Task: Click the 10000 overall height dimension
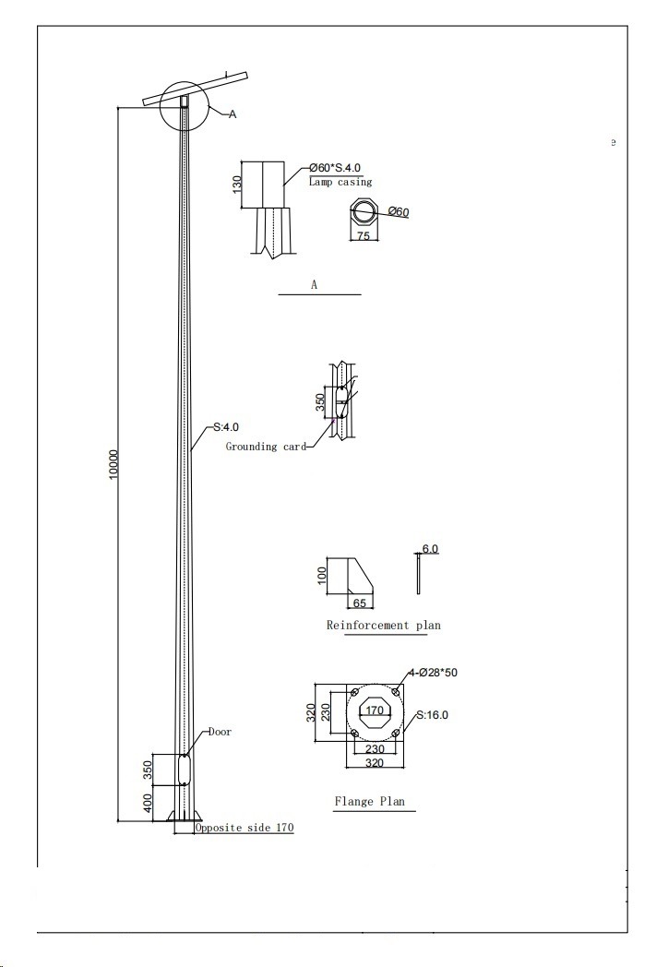(113, 465)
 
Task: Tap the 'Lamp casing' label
(340, 182)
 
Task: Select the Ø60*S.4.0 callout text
(335, 168)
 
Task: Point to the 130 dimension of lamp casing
(237, 184)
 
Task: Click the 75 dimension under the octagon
(364, 235)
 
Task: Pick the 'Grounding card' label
(266, 447)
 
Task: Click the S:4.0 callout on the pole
(226, 427)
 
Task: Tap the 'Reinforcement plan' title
(384, 626)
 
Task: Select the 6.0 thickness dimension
(430, 549)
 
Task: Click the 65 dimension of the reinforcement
(360, 603)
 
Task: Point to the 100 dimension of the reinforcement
(321, 576)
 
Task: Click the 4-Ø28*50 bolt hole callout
(433, 673)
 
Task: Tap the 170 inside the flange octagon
(375, 710)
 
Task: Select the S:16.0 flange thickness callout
(432, 715)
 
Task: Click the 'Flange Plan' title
(370, 802)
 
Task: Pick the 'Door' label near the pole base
(220, 732)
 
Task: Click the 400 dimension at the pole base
(148, 803)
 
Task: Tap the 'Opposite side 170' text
(245, 828)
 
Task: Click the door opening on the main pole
(184, 770)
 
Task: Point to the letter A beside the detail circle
(233, 114)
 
